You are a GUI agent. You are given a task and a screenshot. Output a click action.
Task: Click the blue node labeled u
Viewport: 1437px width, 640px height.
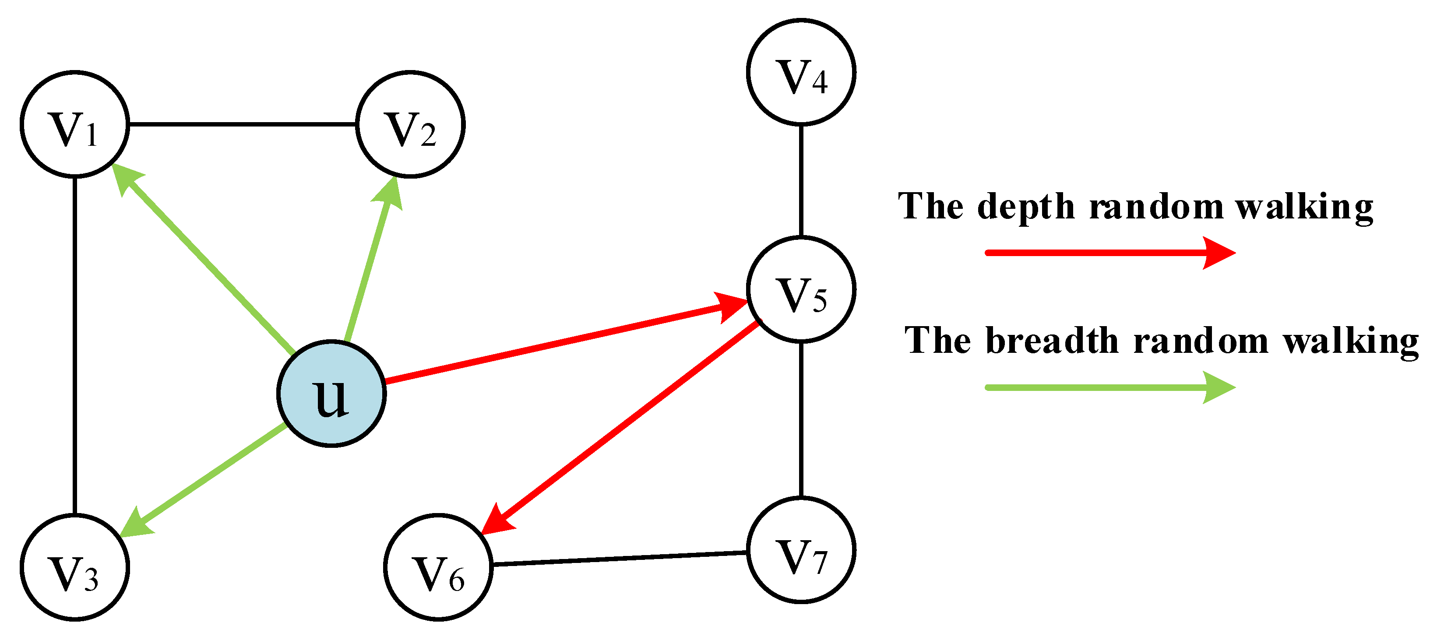click(331, 394)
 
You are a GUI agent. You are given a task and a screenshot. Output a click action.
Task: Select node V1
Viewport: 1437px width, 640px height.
click(75, 124)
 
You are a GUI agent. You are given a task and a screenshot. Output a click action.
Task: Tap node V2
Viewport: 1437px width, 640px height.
click(410, 124)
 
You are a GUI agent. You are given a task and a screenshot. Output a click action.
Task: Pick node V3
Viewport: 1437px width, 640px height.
click(75, 567)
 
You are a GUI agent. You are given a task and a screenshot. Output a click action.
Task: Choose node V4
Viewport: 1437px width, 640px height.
click(801, 72)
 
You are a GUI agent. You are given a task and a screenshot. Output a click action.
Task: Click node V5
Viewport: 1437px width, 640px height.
click(801, 289)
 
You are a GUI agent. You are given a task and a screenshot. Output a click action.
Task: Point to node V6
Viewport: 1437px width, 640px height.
click(438, 567)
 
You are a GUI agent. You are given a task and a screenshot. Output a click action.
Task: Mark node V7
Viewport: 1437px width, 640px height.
click(801, 550)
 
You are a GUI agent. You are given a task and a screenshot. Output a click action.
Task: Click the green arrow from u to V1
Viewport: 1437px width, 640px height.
click(206, 262)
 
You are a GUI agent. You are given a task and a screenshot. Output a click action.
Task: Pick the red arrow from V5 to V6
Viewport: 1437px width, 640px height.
click(622, 426)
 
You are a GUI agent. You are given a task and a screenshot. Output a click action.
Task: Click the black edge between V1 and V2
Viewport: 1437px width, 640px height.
click(243, 124)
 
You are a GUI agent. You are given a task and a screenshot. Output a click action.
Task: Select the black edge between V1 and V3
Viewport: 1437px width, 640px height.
click(75, 346)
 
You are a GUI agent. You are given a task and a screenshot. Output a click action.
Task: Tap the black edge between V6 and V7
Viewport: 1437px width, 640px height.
click(619, 559)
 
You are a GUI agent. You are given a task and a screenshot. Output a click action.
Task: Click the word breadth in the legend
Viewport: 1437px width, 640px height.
click(1052, 341)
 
